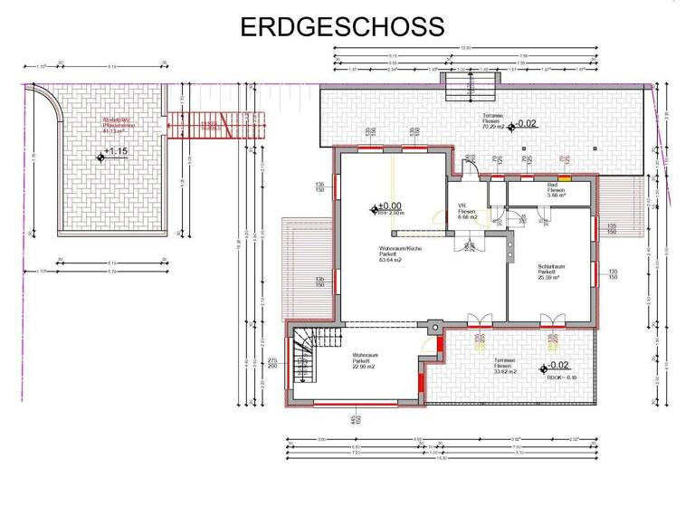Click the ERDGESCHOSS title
[343, 25]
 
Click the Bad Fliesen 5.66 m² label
[557, 191]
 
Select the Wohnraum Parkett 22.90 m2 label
[366, 360]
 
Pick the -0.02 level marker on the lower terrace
[553, 366]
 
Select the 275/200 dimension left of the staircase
[272, 364]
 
